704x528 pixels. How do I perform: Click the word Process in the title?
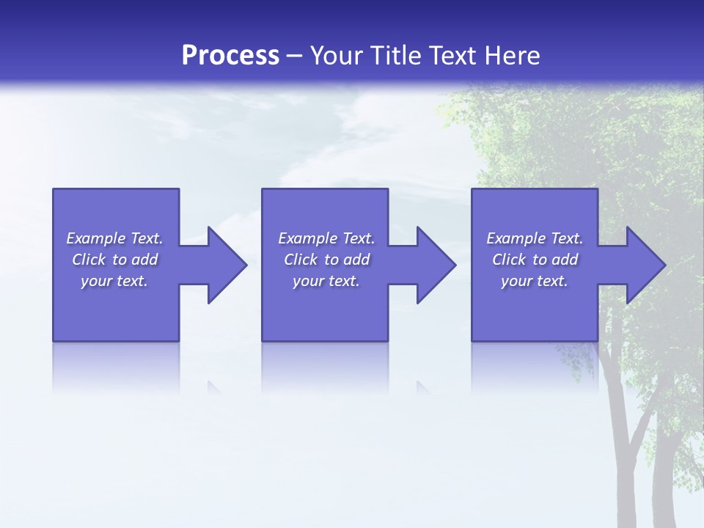(x=230, y=56)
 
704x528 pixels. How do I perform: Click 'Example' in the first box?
(x=96, y=238)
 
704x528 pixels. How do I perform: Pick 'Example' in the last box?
(x=516, y=238)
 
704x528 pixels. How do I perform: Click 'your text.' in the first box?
(x=114, y=281)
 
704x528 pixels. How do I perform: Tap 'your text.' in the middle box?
(x=326, y=281)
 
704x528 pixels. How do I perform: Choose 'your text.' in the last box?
(x=535, y=281)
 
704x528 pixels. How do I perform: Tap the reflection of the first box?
(x=116, y=367)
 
